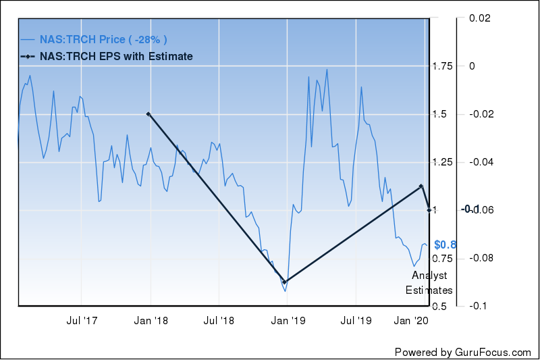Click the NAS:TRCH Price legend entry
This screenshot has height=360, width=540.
[x=102, y=39]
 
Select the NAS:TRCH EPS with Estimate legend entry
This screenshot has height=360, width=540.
[x=115, y=56]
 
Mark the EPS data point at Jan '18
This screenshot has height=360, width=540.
[x=148, y=114]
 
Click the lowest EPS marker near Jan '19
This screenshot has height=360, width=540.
[x=285, y=282]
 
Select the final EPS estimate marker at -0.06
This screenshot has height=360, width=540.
[x=429, y=209]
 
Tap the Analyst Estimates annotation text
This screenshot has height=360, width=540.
[x=429, y=283]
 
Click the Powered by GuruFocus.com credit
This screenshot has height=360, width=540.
[x=463, y=352]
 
